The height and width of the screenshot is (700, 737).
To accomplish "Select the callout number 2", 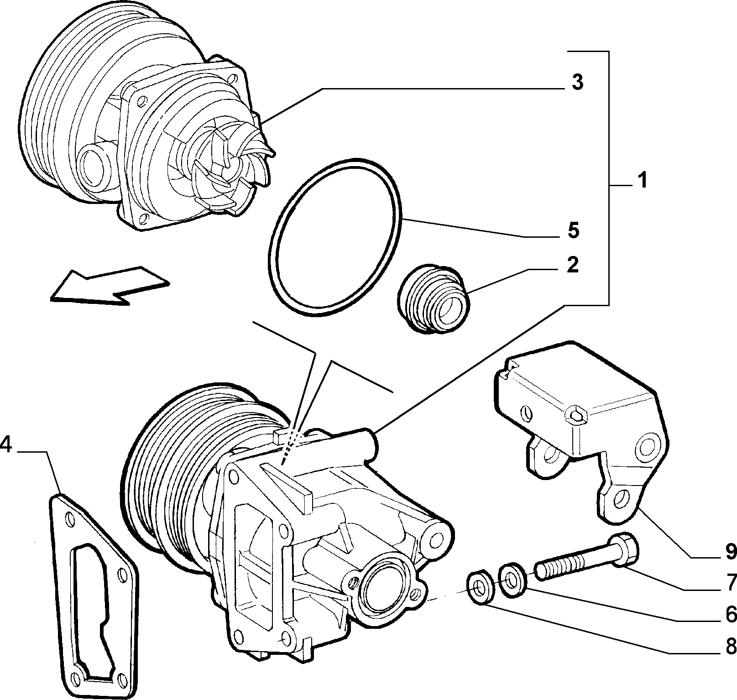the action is [572, 265].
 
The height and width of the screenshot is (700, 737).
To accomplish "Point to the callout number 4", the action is [6, 444].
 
